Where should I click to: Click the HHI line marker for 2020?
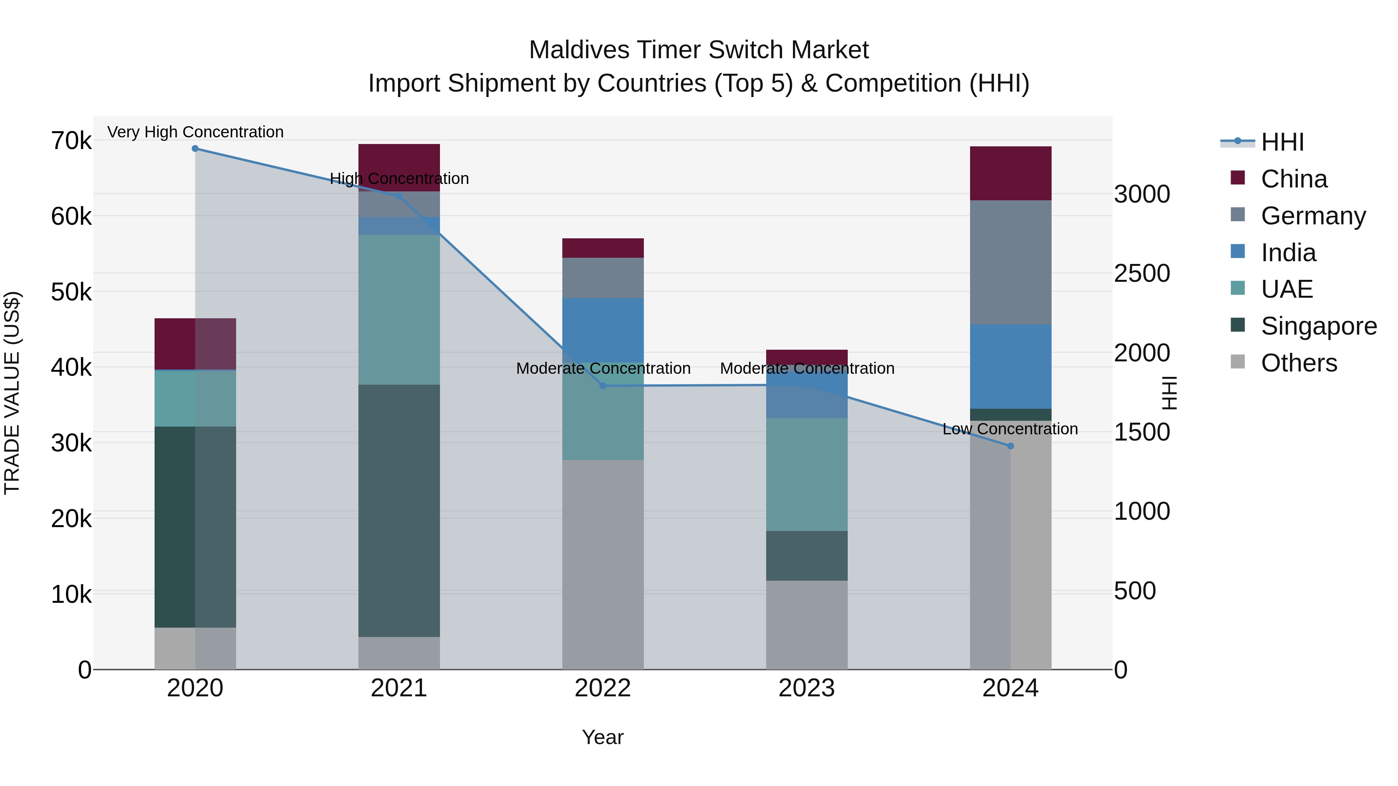point(195,149)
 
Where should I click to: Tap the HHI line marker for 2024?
point(1010,446)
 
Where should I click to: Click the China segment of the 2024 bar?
point(1010,174)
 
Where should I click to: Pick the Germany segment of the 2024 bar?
point(1010,262)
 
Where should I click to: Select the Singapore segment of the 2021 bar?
point(399,510)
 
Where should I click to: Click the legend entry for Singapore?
point(1319,326)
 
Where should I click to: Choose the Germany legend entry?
point(1313,216)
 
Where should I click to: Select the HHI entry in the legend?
point(1282,142)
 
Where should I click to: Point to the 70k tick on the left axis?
point(71,141)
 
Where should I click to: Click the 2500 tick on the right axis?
point(1142,273)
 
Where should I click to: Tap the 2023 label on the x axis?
point(807,688)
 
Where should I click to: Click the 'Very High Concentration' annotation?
point(195,132)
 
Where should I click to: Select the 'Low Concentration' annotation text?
point(1010,429)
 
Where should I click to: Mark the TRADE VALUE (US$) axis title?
point(12,393)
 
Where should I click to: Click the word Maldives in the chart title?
point(579,50)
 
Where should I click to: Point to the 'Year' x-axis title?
point(602,737)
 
